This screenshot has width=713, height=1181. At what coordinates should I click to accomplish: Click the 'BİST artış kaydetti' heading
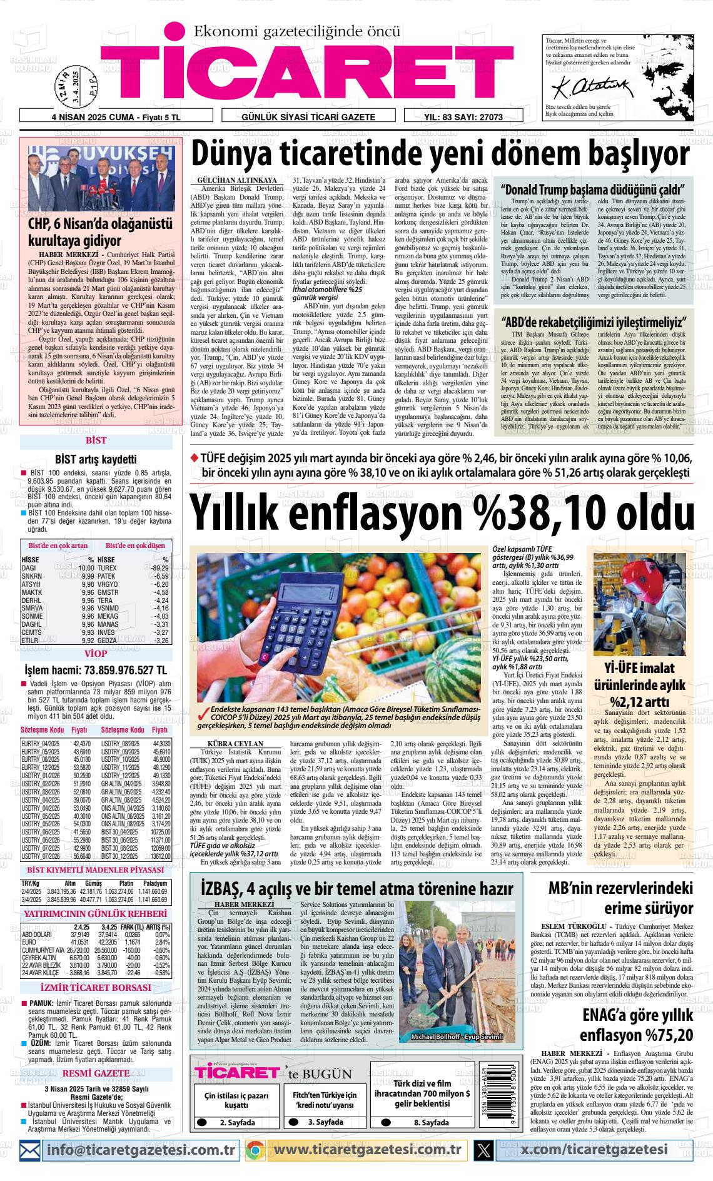pos(96,459)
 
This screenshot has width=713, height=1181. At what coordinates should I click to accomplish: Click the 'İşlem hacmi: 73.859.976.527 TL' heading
pos(96,671)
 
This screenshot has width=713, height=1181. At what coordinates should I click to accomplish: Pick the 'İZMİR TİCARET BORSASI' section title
pos(96,988)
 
